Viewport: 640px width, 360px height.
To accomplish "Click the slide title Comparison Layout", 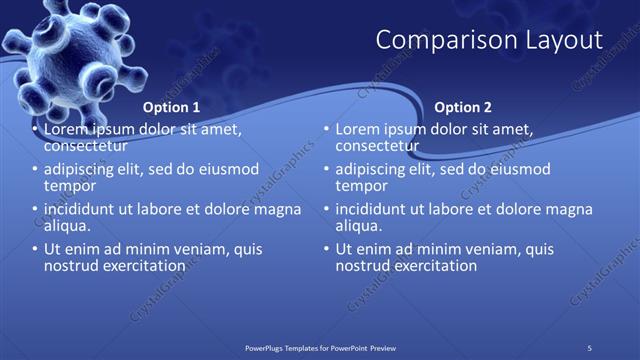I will pos(489,40).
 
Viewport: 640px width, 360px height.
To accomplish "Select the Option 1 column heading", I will pos(171,107).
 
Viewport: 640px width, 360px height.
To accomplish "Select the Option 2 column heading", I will pos(463,107).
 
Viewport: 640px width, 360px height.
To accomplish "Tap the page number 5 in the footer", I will pos(590,347).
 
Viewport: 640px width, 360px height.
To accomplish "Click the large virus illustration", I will pos(70,50).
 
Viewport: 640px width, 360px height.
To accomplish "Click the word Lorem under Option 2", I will pos(358,130).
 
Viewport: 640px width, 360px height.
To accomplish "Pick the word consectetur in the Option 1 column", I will pos(88,146).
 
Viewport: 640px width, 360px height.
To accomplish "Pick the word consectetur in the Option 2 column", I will pos(380,146).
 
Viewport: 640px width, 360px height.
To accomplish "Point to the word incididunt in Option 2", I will pos(376,210).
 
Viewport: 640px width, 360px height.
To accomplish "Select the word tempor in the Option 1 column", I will pos(69,186).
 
